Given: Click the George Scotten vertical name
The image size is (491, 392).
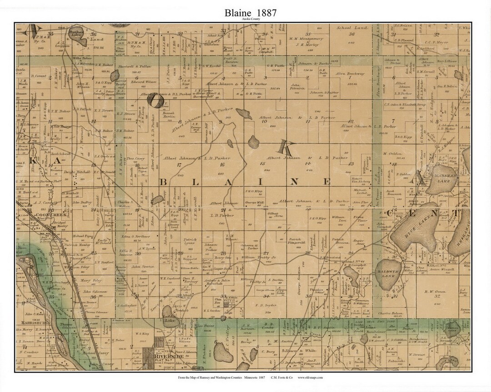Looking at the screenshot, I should coord(300,285).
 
